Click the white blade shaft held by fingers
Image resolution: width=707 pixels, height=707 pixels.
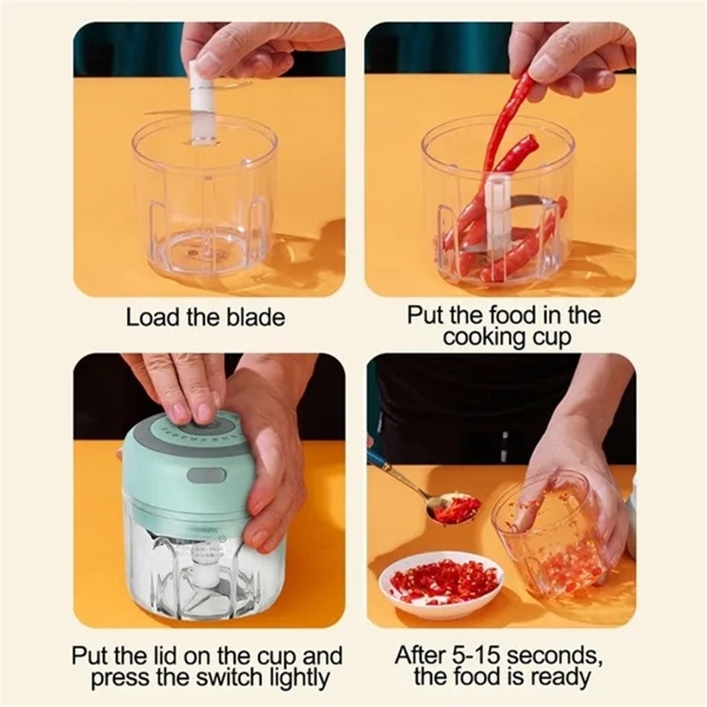201,110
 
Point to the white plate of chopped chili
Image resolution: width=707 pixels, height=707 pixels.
440,585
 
